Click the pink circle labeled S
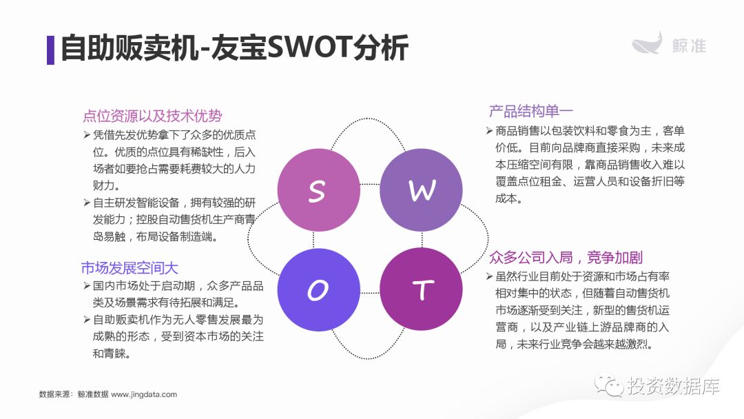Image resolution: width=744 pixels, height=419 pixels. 318,190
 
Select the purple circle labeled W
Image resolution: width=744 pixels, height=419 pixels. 422,190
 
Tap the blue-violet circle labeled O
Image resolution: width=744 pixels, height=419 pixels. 318,289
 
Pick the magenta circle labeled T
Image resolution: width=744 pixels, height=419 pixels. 422,289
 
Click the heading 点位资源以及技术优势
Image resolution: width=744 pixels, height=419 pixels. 152,116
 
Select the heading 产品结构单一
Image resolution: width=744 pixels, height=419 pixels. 531,111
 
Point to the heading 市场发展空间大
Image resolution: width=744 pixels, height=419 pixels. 130,268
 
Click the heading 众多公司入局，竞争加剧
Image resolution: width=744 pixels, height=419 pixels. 566,257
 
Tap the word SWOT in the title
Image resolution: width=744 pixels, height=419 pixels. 309,48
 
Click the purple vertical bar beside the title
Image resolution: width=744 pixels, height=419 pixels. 50,50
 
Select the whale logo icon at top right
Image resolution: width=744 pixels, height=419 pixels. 647,43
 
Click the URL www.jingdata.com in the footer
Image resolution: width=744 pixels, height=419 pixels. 144,394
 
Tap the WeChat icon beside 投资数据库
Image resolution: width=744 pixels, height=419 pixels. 609,385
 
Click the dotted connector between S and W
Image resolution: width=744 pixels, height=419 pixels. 370,184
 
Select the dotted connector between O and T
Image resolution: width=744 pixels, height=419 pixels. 370,293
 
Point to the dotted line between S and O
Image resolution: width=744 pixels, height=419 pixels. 313,240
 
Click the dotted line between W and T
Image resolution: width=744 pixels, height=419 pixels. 422,240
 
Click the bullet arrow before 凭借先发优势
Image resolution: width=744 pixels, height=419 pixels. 87,135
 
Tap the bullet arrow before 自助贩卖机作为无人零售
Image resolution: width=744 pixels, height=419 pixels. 87,320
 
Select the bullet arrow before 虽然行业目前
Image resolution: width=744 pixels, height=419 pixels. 490,276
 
